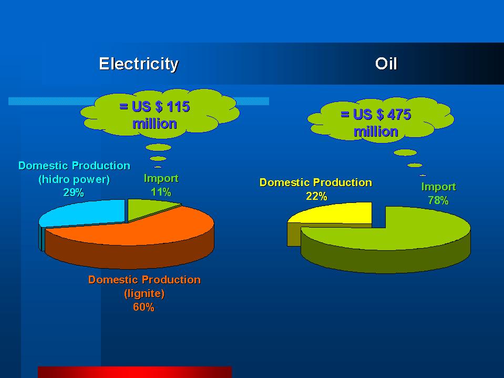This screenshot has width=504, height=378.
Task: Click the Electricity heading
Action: point(139,64)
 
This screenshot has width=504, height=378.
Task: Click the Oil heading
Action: point(386,64)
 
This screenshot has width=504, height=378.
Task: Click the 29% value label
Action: point(74,192)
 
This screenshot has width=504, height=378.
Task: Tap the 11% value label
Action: point(161,192)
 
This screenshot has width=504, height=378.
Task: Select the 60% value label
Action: point(143,307)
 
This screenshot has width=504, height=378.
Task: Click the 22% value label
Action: point(316,196)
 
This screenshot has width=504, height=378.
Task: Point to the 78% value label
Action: point(438,200)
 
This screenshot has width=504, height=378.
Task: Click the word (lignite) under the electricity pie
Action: point(145,293)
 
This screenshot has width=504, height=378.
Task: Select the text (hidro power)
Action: point(74,179)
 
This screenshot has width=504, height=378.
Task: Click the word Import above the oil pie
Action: point(438,187)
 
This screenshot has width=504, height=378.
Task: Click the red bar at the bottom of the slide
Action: point(135,372)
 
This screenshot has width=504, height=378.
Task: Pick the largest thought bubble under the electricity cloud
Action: point(159,148)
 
